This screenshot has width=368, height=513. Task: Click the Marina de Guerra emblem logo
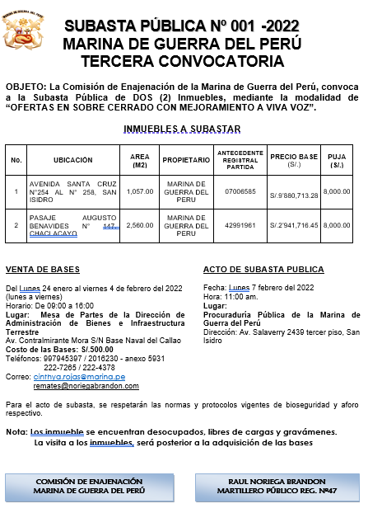[x=21, y=31]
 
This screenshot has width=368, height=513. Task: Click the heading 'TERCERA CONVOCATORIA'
[x=182, y=61]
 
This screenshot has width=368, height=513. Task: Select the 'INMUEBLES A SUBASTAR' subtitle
[x=182, y=128]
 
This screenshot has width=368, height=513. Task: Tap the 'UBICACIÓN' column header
[x=73, y=159]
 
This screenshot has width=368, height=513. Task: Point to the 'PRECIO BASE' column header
[x=294, y=159]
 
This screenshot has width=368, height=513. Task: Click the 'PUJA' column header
[x=336, y=159]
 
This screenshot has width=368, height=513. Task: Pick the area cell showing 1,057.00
[x=140, y=191]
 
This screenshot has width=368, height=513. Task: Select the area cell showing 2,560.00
[x=140, y=224]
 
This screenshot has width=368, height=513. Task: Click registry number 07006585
[x=240, y=191]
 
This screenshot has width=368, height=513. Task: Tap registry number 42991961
[x=240, y=224]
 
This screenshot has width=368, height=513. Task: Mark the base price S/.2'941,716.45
[x=294, y=224]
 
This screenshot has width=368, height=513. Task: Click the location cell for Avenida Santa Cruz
[x=73, y=191]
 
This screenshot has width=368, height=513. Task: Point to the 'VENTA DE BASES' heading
[x=42, y=270]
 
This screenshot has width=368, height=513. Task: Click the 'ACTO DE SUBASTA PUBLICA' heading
[x=263, y=270]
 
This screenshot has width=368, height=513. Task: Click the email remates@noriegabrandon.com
[x=86, y=385]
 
